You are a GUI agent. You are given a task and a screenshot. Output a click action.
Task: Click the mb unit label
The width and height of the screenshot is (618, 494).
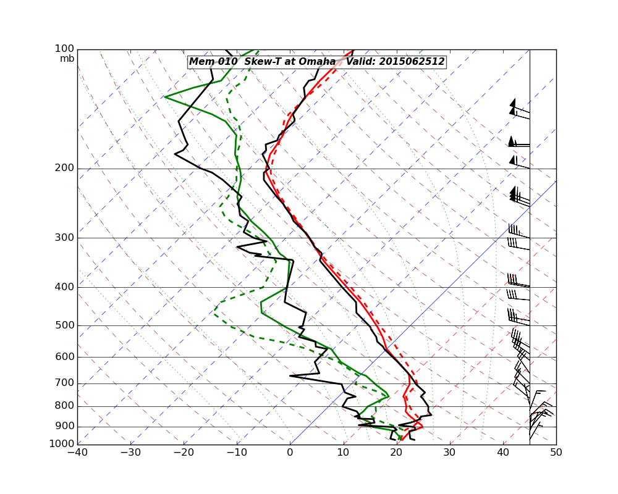[67, 59]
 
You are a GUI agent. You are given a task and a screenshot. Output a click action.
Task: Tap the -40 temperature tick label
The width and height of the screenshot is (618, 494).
[77, 453]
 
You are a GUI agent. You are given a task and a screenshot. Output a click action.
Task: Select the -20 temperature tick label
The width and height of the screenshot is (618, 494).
[184, 453]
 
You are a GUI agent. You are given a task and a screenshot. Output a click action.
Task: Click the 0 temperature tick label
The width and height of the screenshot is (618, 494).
[290, 453]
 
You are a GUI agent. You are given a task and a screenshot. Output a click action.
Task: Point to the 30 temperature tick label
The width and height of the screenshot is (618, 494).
[449, 453]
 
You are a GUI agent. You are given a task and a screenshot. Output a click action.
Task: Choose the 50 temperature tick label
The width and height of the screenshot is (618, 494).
[556, 453]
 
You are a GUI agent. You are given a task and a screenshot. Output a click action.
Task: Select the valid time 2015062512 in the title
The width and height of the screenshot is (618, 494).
[412, 62]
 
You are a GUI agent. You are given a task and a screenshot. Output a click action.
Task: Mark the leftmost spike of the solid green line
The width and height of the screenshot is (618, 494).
[165, 96]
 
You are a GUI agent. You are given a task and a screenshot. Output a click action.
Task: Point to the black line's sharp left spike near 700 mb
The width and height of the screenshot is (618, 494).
[290, 375]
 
